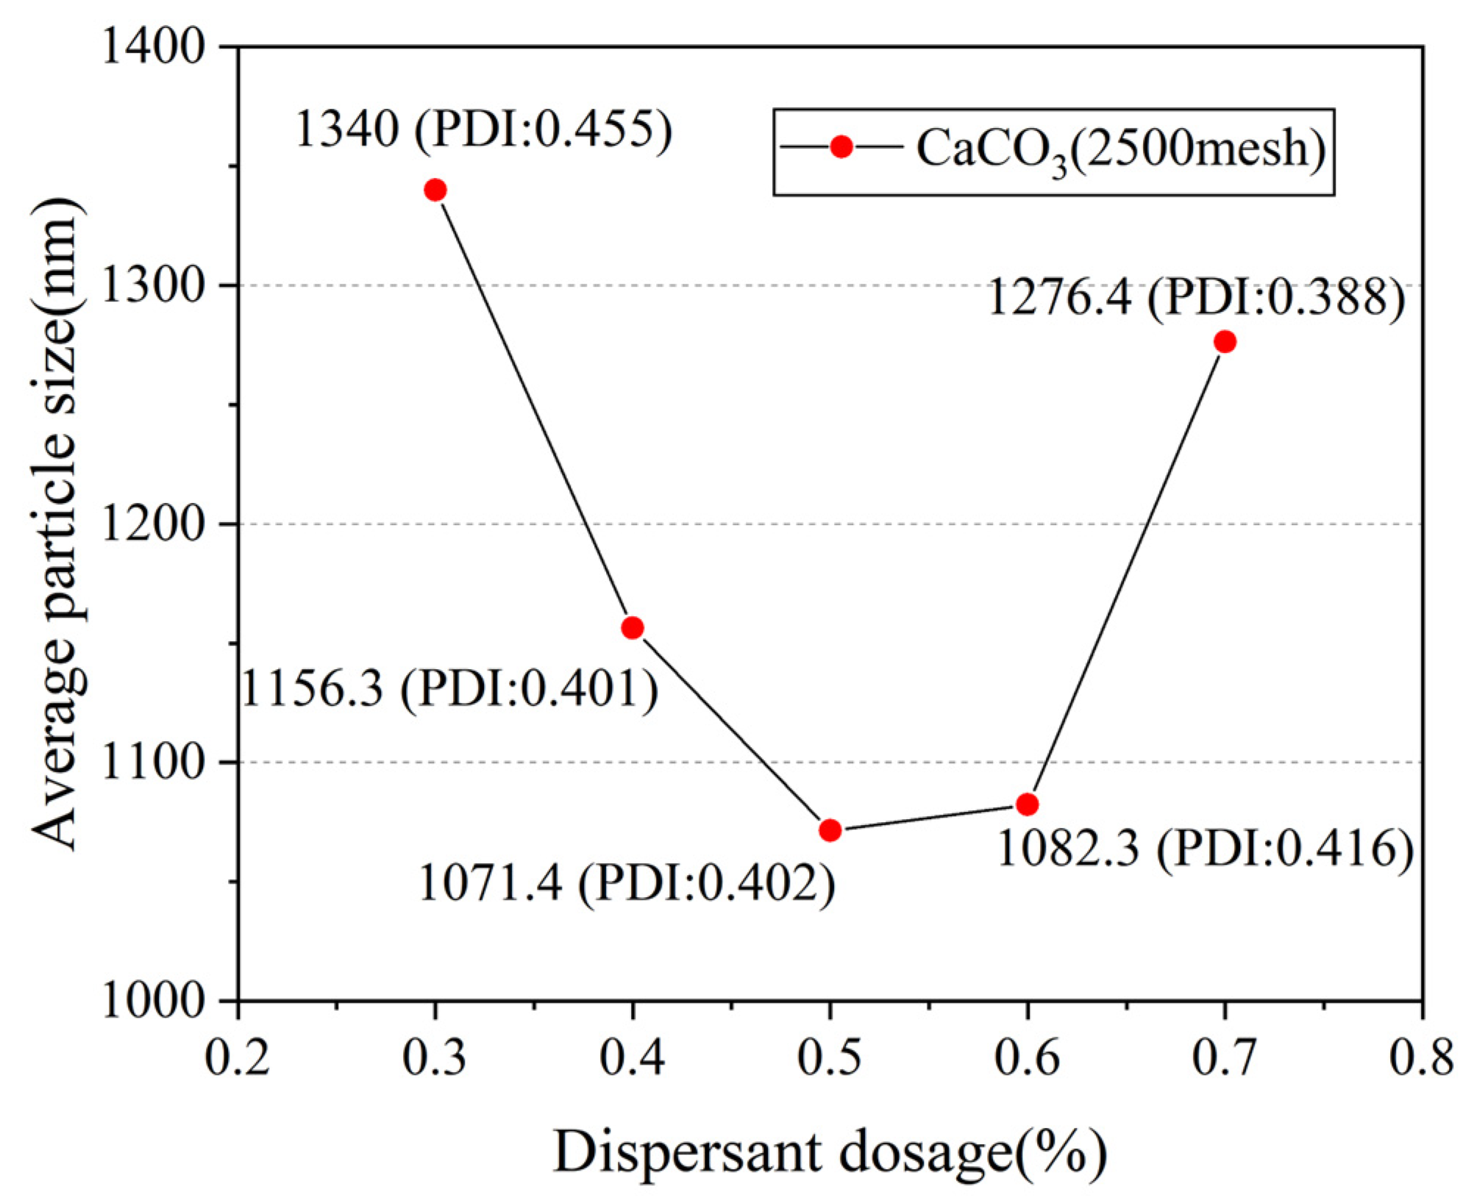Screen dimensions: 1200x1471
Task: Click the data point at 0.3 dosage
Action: (435, 190)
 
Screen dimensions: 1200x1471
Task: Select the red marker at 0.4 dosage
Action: (633, 628)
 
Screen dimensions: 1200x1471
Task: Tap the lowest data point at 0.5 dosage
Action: (830, 830)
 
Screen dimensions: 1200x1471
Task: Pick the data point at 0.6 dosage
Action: (1027, 804)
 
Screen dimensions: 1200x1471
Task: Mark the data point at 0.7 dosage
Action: (1225, 342)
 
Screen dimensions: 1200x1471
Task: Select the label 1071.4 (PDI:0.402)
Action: (627, 883)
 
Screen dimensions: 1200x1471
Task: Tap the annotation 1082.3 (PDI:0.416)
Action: (1205, 849)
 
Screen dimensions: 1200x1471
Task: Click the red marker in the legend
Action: (841, 147)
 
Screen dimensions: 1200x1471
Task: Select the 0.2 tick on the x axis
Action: (238, 1060)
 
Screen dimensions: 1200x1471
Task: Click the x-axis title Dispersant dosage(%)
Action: (830, 1152)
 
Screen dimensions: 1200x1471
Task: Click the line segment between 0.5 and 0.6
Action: (928, 817)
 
